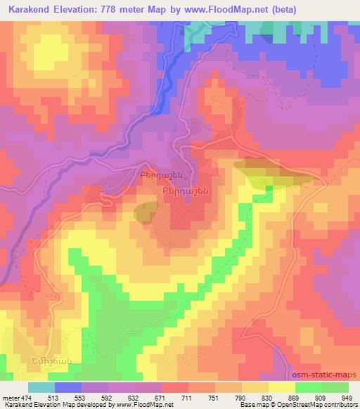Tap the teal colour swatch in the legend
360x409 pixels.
tap(41, 387)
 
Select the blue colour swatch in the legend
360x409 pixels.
tap(67, 387)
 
